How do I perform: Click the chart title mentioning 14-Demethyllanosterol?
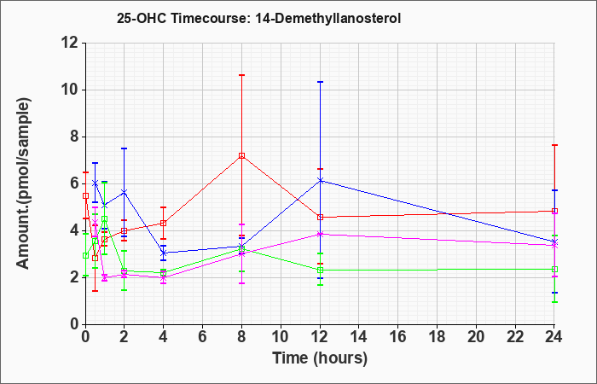[258, 19]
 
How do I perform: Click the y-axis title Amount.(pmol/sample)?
[23, 183]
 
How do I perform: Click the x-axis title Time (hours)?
[320, 358]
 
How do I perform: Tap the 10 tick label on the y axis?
[71, 90]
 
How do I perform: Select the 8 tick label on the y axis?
[75, 137]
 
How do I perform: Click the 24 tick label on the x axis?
[554, 337]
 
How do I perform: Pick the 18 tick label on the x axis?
[437, 337]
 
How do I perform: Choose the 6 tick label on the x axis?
[203, 337]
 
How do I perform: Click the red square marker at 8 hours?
[241, 155]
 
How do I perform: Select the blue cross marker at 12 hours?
[320, 181]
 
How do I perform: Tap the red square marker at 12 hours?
[320, 217]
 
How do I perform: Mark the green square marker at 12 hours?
[320, 271]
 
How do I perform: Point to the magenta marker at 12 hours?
[320, 234]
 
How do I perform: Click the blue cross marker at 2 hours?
[125, 192]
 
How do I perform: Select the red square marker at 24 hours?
[554, 211]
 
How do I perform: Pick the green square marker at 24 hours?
[554, 269]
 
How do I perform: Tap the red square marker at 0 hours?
[85, 195]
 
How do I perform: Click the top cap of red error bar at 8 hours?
[241, 75]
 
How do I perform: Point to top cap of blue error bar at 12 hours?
[320, 82]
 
